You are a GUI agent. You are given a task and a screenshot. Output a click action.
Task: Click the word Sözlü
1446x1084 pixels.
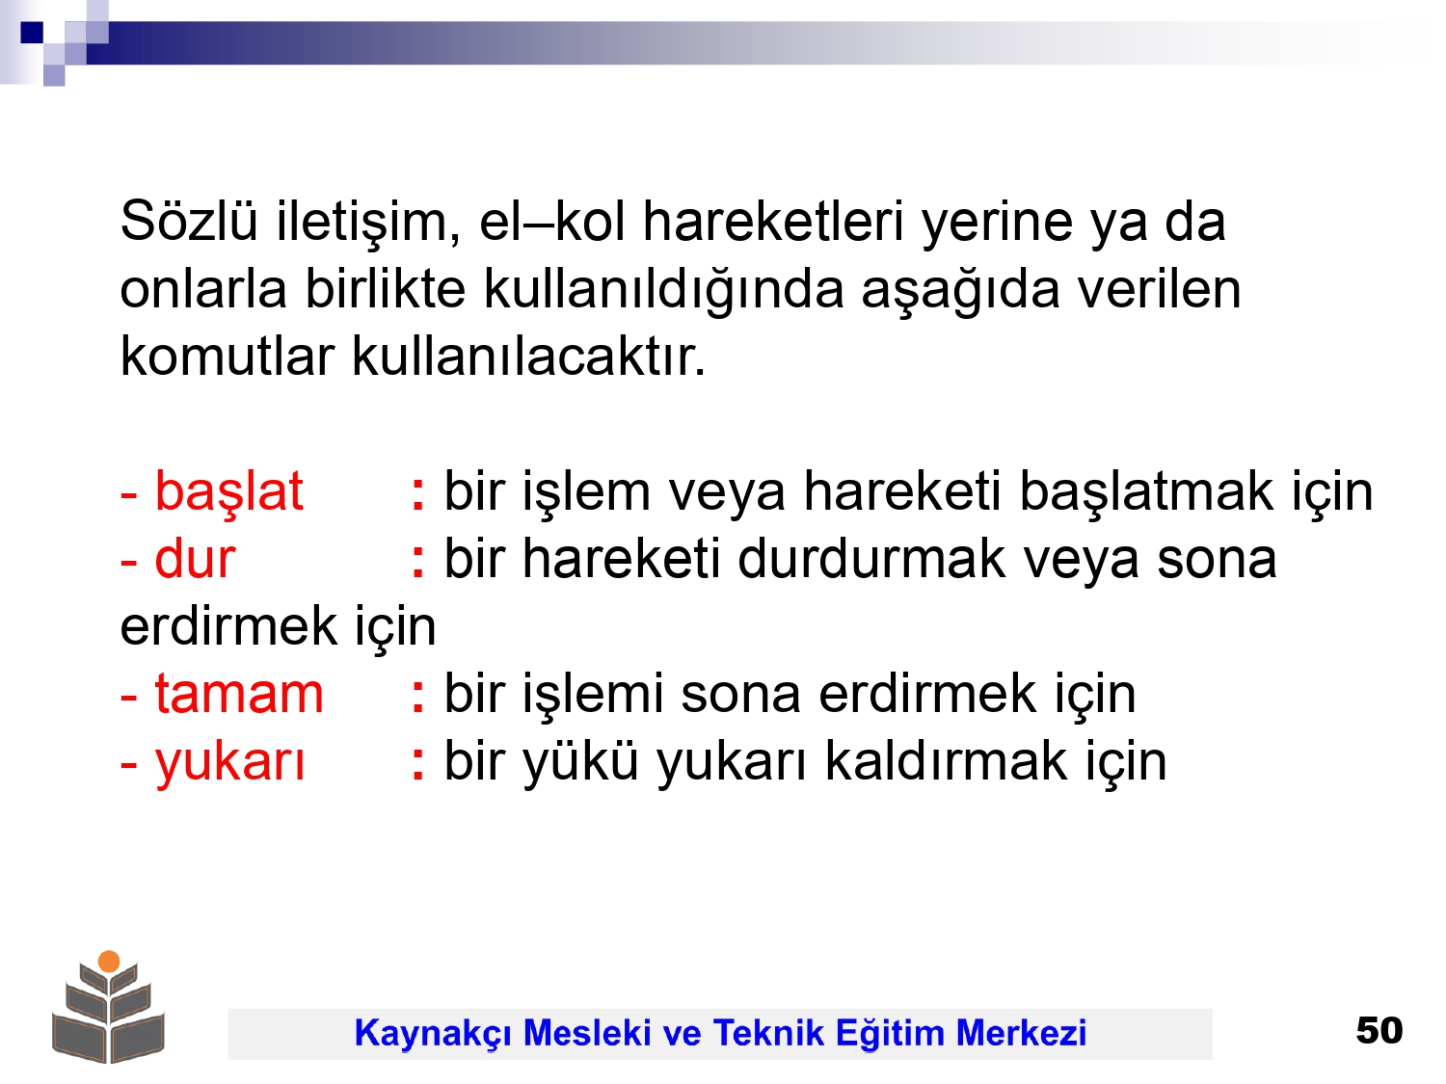click(x=188, y=221)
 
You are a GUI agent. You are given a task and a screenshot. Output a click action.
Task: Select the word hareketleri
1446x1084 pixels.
click(x=773, y=221)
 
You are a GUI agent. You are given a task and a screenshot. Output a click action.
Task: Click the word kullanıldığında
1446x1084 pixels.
click(x=663, y=291)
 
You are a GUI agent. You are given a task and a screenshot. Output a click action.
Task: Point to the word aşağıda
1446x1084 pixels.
click(x=960, y=291)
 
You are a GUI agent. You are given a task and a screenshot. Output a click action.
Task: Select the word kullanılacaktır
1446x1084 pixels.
click(x=528, y=357)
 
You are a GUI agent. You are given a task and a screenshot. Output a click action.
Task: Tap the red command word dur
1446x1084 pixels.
click(x=195, y=558)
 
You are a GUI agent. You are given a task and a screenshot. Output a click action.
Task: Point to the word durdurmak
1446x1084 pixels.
click(x=871, y=558)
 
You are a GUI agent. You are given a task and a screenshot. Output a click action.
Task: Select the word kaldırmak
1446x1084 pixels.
click(x=946, y=760)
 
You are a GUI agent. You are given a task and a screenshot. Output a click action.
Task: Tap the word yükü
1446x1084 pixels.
click(x=580, y=763)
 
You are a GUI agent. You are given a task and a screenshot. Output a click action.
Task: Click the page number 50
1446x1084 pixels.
click(x=1379, y=1030)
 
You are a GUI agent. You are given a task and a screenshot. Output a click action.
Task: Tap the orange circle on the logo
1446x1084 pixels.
click(x=109, y=961)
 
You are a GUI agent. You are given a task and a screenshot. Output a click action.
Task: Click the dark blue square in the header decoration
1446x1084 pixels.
click(x=32, y=32)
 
